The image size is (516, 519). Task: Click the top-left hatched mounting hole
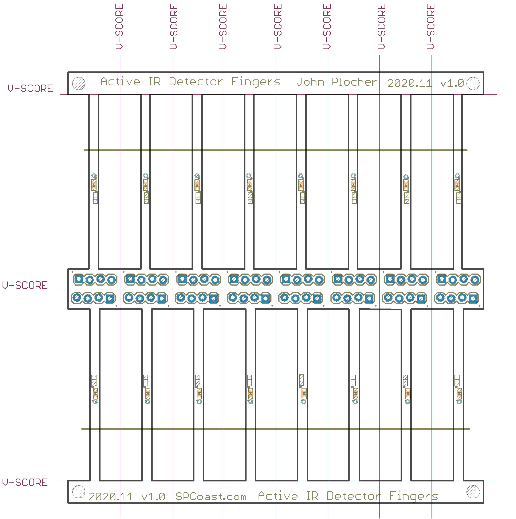79,83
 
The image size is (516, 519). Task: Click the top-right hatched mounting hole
473,83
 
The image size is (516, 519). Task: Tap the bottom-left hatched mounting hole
79,492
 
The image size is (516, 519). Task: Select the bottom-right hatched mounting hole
473,492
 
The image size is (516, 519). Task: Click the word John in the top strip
310,82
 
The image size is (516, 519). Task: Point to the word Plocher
354,82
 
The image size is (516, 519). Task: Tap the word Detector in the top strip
196,81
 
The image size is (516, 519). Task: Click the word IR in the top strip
155,81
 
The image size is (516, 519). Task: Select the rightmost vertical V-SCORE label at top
430,27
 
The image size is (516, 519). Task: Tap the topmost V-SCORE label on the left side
30,88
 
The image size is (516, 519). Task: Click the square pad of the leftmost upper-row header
78,279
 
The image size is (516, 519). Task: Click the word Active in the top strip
120,81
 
